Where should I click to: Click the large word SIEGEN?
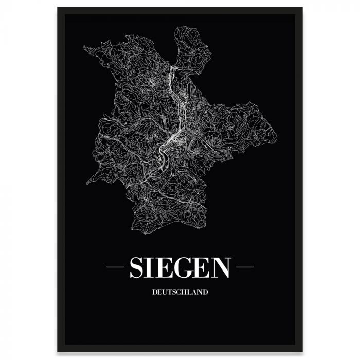coord(179,267)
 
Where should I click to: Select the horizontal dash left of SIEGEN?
coord(115,268)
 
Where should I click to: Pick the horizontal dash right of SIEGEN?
coord(244,268)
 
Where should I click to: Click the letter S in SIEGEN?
coord(137,267)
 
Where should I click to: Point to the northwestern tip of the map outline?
coord(85,48)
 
